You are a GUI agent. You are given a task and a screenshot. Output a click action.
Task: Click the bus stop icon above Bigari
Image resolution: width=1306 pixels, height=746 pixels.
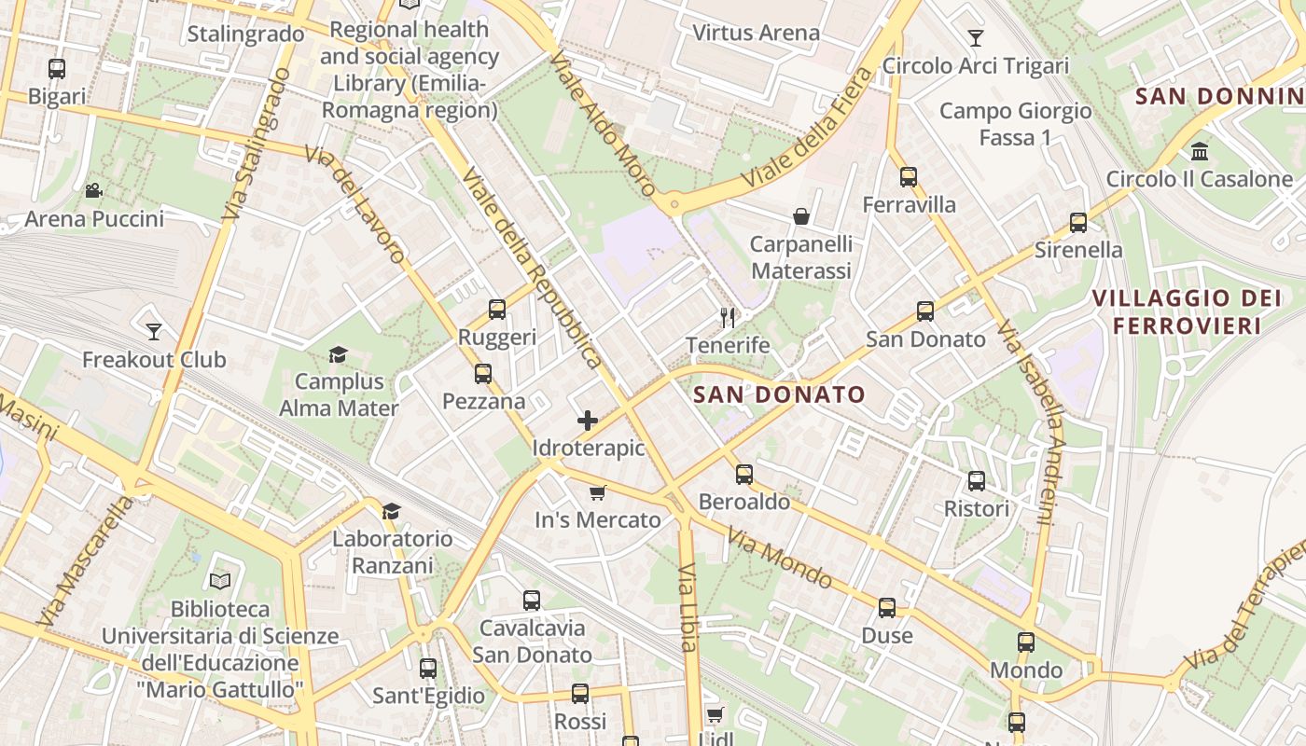tap(57, 68)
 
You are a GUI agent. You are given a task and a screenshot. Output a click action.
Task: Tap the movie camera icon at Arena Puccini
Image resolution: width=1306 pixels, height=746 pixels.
tap(93, 191)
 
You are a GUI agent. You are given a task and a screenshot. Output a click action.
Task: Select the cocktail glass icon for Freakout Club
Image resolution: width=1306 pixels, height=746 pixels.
tap(154, 331)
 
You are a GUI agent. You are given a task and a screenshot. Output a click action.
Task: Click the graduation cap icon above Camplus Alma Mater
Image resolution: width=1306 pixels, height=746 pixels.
tap(338, 354)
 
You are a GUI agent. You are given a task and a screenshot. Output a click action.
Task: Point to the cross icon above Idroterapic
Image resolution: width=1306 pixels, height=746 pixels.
tap(588, 421)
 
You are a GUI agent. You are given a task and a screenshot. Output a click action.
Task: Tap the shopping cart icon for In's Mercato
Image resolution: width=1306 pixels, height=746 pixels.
tap(597, 492)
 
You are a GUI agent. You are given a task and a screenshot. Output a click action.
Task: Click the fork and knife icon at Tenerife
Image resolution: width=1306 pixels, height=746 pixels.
tap(728, 318)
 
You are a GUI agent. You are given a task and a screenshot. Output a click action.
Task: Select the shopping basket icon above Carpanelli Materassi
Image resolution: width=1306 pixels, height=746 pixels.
tap(801, 216)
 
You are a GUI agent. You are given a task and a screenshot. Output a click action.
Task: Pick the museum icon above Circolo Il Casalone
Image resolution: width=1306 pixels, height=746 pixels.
tap(1200, 151)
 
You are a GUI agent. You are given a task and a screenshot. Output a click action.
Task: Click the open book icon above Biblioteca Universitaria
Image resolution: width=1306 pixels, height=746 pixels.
tap(220, 582)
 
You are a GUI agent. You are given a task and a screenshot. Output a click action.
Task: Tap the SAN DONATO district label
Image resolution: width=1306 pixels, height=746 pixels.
tap(780, 394)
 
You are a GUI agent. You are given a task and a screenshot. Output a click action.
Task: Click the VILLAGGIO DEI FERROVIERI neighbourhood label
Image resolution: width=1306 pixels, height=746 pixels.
tap(1187, 311)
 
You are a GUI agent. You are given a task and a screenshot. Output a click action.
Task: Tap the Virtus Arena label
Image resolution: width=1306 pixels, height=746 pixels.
tap(756, 33)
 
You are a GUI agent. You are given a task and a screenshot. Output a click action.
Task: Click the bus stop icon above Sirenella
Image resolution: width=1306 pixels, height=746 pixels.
tap(1078, 223)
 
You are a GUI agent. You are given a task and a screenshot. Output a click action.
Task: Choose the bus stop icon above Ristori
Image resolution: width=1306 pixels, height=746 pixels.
tap(977, 481)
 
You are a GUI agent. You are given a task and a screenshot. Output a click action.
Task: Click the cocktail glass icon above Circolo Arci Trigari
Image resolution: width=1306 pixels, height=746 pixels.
tap(976, 38)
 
